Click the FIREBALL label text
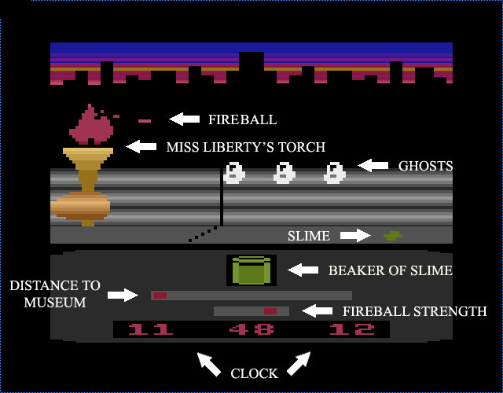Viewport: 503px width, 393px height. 242,120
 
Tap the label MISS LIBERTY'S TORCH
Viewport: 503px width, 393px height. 245,147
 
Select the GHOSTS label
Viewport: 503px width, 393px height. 425,166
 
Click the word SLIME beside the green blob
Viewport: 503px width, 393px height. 308,236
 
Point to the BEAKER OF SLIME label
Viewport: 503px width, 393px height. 391,270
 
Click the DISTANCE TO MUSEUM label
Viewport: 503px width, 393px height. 55,294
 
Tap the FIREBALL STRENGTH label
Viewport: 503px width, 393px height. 415,311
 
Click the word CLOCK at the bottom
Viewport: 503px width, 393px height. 254,373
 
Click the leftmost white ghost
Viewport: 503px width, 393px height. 234,173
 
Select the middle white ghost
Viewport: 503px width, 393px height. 285,173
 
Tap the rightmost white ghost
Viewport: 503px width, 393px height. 335,173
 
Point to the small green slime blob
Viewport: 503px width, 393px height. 392,235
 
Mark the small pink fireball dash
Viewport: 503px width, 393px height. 144,120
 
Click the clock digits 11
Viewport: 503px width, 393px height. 150,329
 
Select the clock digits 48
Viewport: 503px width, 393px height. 251,329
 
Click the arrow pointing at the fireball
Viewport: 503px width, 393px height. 185,119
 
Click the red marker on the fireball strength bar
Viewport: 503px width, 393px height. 270,311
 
